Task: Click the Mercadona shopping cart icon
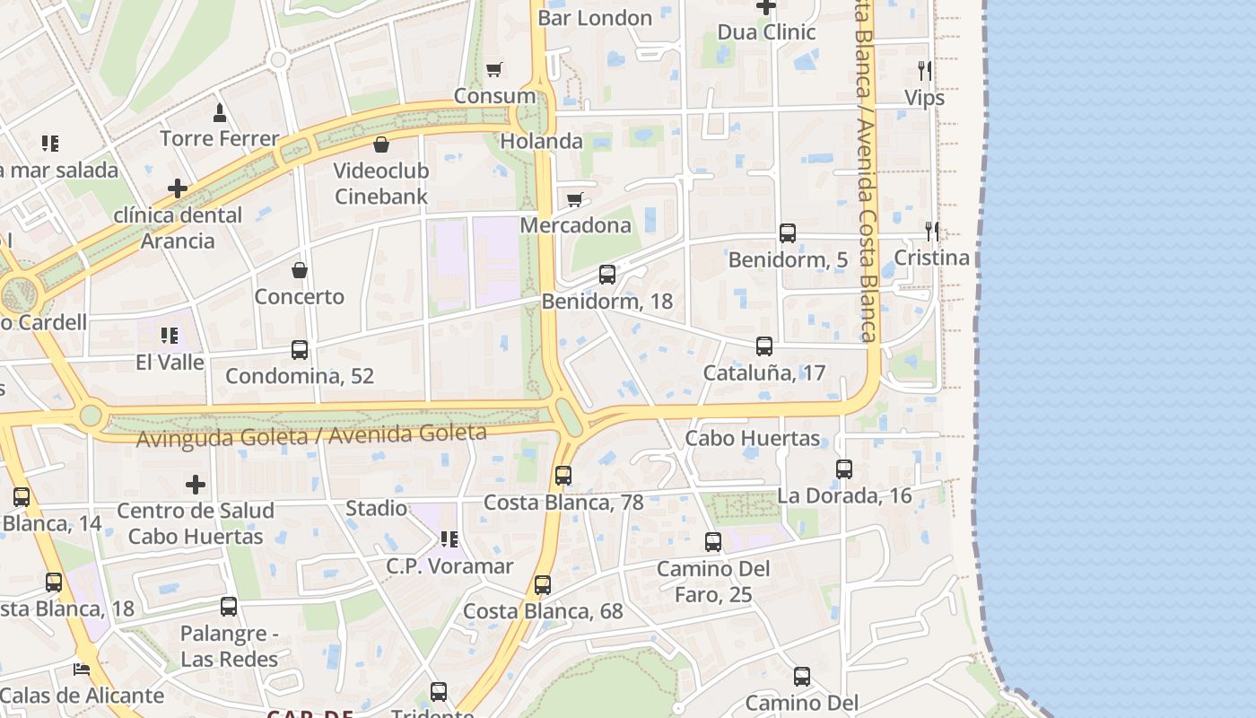click(575, 199)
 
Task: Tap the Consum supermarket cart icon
click(493, 70)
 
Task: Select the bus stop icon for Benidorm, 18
click(607, 275)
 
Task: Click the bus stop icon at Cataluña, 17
click(764, 346)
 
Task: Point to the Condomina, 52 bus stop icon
click(300, 350)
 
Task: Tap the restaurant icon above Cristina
click(932, 232)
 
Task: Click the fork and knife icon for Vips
click(924, 71)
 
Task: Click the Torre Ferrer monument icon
click(220, 112)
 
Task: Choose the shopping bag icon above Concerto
click(300, 270)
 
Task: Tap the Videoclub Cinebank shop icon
click(381, 144)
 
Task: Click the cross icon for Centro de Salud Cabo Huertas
click(196, 485)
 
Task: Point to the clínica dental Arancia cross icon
click(178, 188)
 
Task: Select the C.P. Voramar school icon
click(449, 539)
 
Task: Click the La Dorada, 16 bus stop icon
click(844, 469)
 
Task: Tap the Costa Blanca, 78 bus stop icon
click(563, 476)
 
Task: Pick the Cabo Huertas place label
click(752, 439)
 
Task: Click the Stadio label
click(376, 509)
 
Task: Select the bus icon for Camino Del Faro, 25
click(713, 542)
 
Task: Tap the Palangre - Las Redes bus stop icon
click(229, 607)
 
